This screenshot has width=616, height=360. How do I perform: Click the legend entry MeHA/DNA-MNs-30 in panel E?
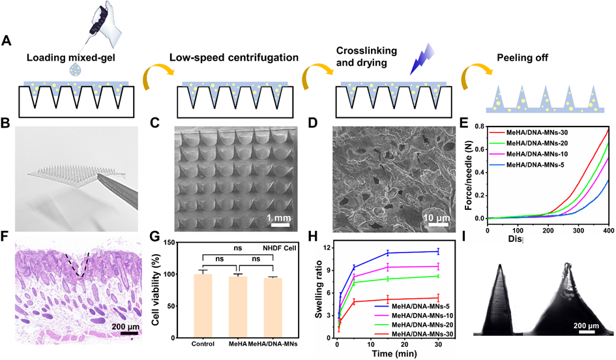536,132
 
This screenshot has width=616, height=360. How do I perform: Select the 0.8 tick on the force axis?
481,127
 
